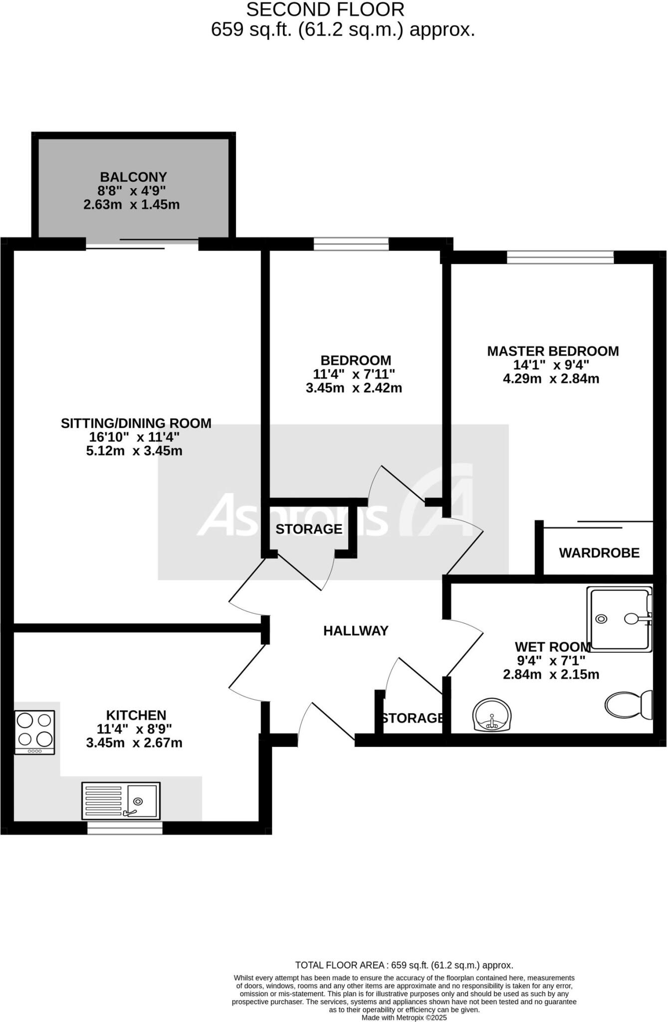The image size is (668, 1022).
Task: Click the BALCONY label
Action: pos(133,177)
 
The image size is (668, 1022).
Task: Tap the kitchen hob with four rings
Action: pos(34,732)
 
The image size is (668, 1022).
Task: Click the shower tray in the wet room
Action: pos(620,619)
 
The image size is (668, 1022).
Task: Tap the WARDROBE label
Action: pos(599,553)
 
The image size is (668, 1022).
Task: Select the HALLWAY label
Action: pos(356,631)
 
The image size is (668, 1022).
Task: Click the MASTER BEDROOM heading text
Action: pos(553,351)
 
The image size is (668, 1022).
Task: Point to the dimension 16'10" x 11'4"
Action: pos(134,437)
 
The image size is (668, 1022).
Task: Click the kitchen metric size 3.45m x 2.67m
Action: pos(134,743)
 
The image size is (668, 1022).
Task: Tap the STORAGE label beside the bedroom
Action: pos(309,529)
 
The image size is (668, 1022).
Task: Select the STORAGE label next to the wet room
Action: pos(413,718)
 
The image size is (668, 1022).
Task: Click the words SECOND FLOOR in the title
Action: pos(325,10)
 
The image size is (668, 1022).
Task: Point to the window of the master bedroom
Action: pos(560,257)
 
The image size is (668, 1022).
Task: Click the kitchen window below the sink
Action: pos(125,828)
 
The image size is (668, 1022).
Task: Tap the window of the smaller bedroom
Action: pos(351,244)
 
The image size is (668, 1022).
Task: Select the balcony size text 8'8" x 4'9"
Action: pos(132,191)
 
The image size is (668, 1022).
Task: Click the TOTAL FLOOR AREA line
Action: pos(404,966)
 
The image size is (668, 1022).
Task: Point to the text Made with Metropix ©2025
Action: pos(404,1018)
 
